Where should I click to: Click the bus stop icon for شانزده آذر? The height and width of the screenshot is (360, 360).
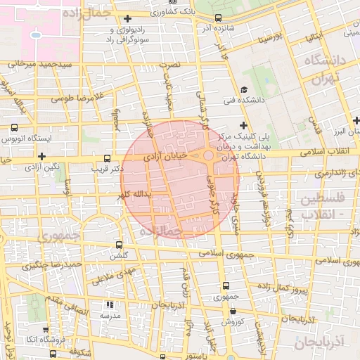click(x=218, y=18)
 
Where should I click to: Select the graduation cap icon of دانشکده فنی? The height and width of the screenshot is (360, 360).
click(x=244, y=89)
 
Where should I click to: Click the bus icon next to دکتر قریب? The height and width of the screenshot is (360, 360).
click(x=107, y=158)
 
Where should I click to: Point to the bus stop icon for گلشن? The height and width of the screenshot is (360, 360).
click(x=119, y=245)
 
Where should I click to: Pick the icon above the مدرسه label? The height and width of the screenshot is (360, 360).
click(x=110, y=305)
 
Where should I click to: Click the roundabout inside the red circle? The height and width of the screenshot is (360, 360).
click(x=209, y=155)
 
